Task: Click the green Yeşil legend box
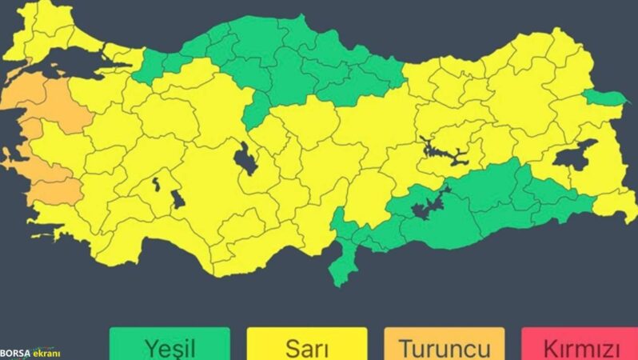tap(169, 345)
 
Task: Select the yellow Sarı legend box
tap(306, 345)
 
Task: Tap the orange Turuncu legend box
tap(445, 345)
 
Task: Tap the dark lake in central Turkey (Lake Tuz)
tap(245, 159)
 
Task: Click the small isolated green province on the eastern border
tap(604, 98)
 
